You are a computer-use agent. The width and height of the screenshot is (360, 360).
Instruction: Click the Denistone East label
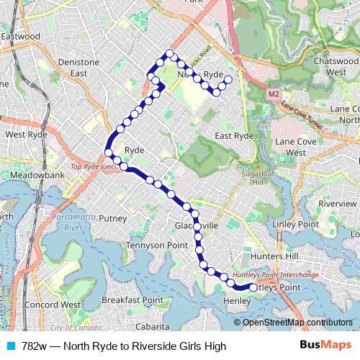[x=78, y=68]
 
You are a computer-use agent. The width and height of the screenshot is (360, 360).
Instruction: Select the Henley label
[x=237, y=300]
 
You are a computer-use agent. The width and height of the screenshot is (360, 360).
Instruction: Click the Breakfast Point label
[x=132, y=300]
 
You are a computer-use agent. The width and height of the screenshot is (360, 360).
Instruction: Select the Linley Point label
[x=295, y=225]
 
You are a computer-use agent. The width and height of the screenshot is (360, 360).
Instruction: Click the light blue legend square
[x=9, y=346]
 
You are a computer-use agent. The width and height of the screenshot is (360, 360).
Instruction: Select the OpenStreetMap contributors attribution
[x=297, y=322]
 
